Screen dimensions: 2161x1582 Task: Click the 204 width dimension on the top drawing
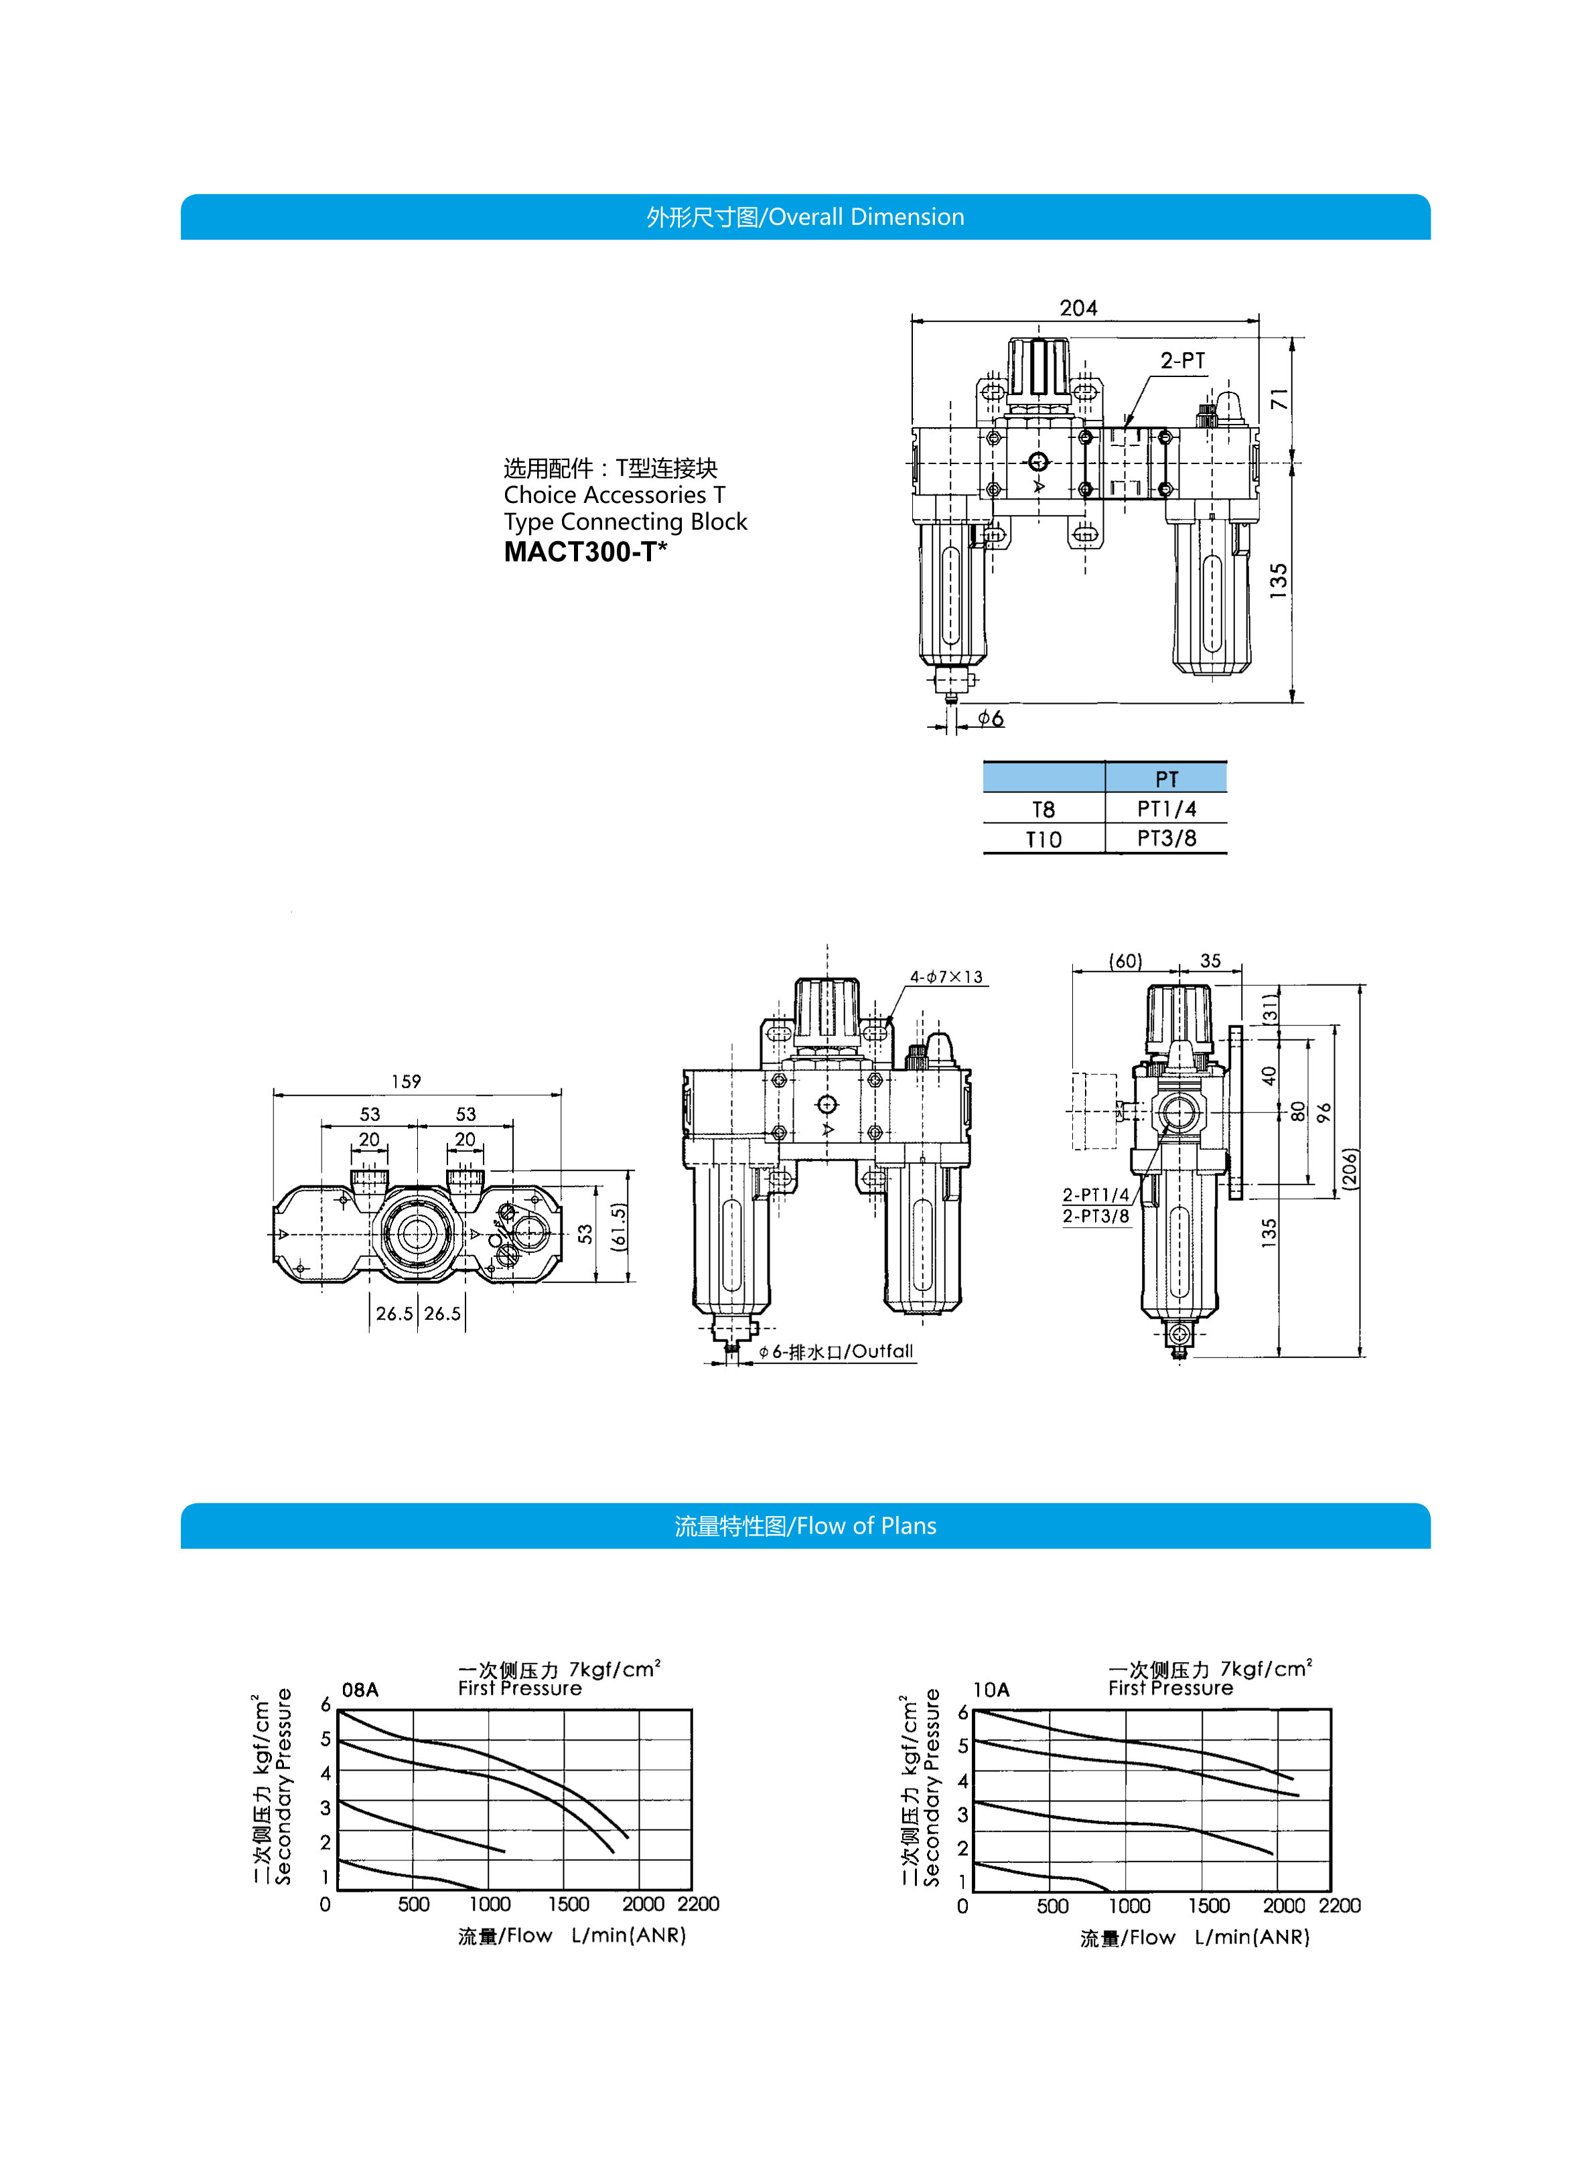click(1078, 307)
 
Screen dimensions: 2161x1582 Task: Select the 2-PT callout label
click(1183, 361)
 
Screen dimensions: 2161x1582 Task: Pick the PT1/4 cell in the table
click(1165, 809)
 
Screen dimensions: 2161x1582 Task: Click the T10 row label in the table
click(1043, 840)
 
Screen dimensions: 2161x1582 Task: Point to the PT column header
click(1165, 778)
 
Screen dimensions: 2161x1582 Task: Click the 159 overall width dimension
click(406, 1081)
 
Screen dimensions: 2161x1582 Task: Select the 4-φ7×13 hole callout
click(946, 976)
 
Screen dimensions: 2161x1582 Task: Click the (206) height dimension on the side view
click(1350, 1168)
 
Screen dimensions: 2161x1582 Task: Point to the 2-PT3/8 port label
click(1096, 1216)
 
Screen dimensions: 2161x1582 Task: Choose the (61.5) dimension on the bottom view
click(619, 1227)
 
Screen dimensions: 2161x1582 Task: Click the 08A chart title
click(360, 1690)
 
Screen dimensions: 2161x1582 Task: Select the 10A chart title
click(991, 1690)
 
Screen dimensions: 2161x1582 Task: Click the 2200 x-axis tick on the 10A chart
click(1339, 1905)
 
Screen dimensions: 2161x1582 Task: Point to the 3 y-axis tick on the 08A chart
click(326, 1807)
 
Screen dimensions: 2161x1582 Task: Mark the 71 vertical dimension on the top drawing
click(1279, 399)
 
